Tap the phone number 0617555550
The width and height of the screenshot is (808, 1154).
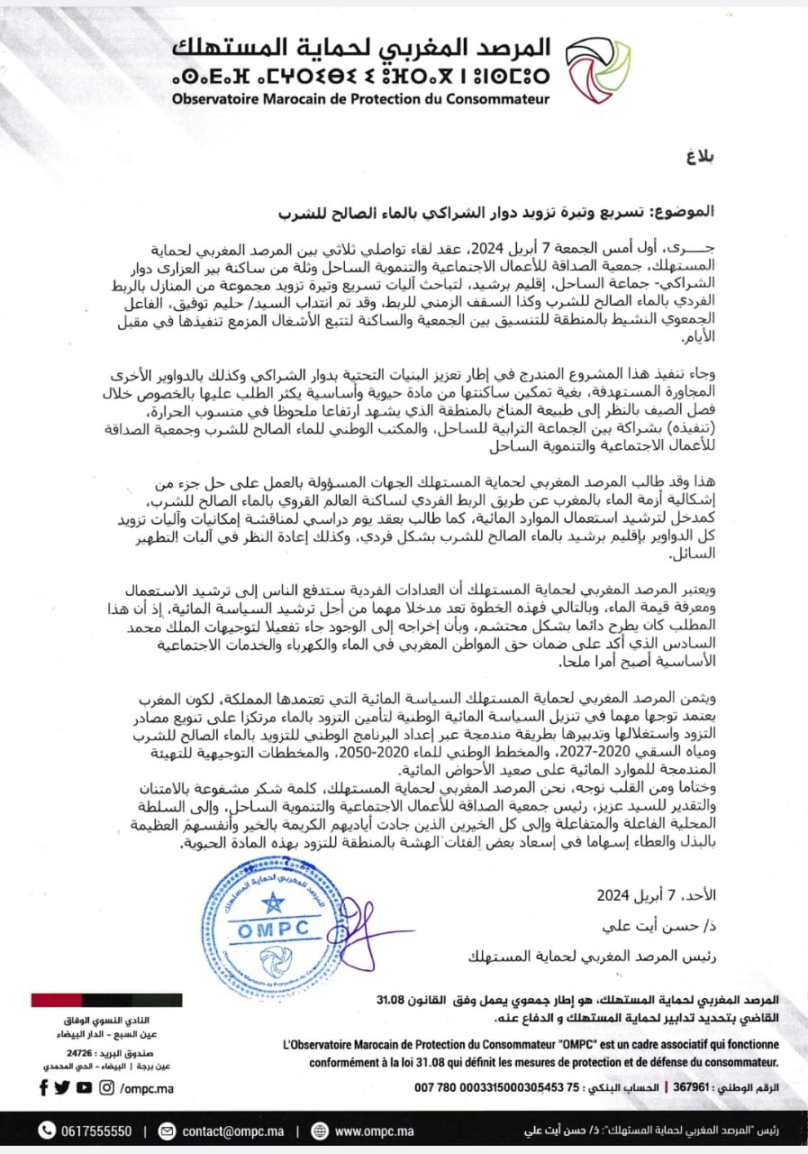[97, 1131]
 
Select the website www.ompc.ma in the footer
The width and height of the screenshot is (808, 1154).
[374, 1131]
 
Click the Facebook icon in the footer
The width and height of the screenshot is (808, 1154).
[43, 1087]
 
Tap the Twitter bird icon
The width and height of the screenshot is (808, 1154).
[62, 1087]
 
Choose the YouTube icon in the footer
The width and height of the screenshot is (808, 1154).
[84, 1087]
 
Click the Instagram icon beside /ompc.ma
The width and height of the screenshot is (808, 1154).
[106, 1087]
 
